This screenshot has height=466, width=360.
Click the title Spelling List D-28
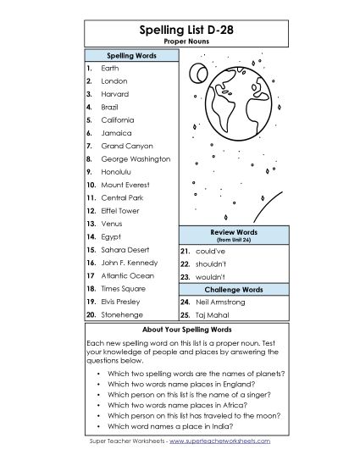click(x=180, y=30)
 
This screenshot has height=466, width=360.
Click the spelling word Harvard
click(x=115, y=94)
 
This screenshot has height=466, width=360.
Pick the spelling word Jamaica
click(x=117, y=133)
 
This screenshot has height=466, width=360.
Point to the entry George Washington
click(x=136, y=159)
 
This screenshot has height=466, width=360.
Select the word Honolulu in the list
click(x=118, y=172)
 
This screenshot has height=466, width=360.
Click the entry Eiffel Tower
click(x=120, y=211)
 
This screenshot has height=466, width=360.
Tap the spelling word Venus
click(x=112, y=224)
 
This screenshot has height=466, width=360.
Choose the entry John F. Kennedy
click(x=128, y=263)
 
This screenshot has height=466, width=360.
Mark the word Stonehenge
click(x=121, y=314)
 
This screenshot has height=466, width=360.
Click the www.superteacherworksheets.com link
click(x=223, y=441)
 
